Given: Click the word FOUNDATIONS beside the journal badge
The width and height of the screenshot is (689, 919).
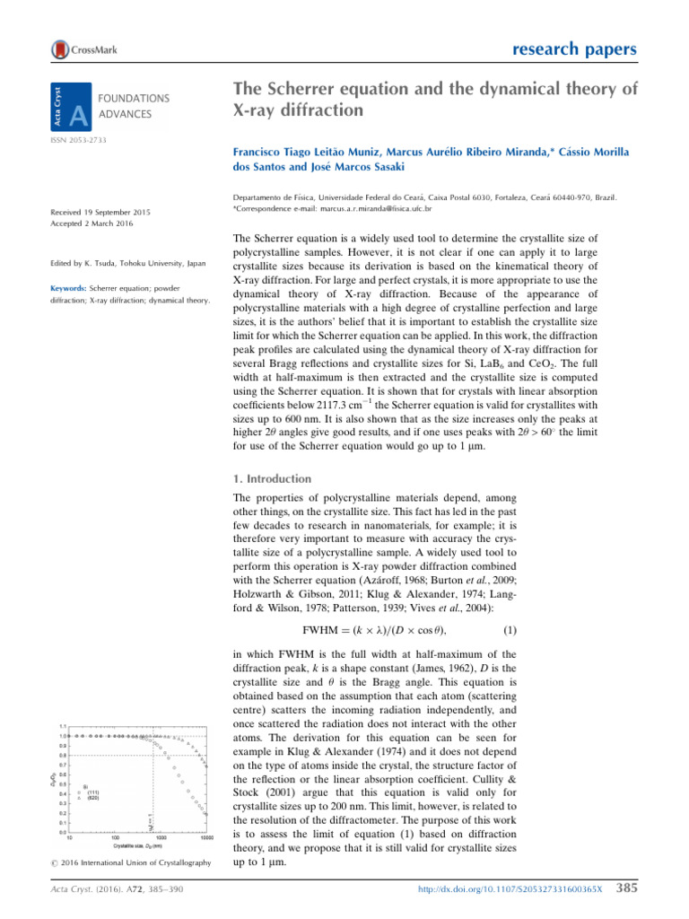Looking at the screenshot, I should point(134,98).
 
